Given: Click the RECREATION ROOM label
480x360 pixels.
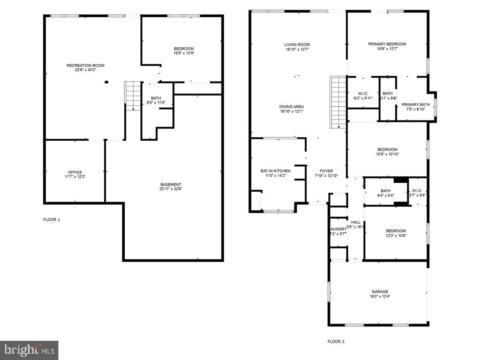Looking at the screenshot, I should [85, 65].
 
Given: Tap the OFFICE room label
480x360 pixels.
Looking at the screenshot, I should [75, 172].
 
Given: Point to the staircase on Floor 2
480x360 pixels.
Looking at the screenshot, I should [338, 102].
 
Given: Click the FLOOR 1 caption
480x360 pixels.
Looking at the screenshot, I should [52, 220].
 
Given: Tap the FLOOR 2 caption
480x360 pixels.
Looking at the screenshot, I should [336, 342].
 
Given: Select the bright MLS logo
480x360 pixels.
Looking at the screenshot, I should [29, 350].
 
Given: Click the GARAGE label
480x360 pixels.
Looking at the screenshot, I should [379, 292].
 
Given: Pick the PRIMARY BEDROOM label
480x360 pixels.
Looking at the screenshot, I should [387, 44].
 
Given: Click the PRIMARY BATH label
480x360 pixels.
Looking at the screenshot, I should [416, 104].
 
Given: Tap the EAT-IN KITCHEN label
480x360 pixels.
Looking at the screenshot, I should [275, 171].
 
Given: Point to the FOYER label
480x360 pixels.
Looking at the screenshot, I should [326, 171].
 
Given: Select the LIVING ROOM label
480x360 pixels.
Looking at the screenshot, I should [297, 44].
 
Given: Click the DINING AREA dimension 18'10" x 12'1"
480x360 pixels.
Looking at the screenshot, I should [291, 111].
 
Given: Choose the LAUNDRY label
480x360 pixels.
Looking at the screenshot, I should [338, 229].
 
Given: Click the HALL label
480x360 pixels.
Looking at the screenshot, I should [356, 222].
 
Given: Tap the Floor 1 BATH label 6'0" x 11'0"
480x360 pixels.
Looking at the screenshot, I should [156, 98].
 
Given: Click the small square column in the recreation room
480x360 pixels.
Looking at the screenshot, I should [106, 82].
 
